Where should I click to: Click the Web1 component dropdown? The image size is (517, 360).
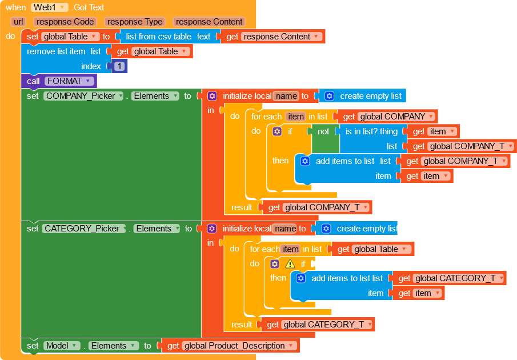pyautogui.click(x=50, y=7)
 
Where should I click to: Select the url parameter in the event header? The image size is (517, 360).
pyautogui.click(x=18, y=22)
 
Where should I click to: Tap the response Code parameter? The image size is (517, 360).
pyautogui.click(x=65, y=22)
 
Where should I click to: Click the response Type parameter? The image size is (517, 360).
pyautogui.click(x=135, y=22)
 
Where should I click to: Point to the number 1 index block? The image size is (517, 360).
pyautogui.click(x=119, y=66)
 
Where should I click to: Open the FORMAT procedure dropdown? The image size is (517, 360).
pyautogui.click(x=69, y=81)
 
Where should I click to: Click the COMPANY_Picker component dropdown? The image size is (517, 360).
pyautogui.click(x=83, y=96)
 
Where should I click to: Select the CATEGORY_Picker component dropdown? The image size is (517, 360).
pyautogui.click(x=84, y=229)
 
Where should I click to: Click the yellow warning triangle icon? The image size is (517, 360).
pyautogui.click(x=290, y=264)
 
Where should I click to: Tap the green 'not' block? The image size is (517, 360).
pyautogui.click(x=323, y=131)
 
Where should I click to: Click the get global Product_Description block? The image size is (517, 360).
pyautogui.click(x=231, y=346)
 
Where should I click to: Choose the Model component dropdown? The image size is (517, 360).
pyautogui.click(x=62, y=346)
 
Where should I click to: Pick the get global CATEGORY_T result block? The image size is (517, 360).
pyautogui.click(x=316, y=325)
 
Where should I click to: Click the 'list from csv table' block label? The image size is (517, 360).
pyautogui.click(x=158, y=37)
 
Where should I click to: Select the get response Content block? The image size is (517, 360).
pyautogui.click(x=273, y=37)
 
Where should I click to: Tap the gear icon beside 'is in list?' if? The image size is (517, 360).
pyautogui.click(x=277, y=131)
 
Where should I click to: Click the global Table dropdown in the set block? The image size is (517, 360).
pyautogui.click(x=70, y=37)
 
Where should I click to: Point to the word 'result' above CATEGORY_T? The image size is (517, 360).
pyautogui.click(x=241, y=325)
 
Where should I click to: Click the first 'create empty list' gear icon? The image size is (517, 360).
pyautogui.click(x=329, y=96)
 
